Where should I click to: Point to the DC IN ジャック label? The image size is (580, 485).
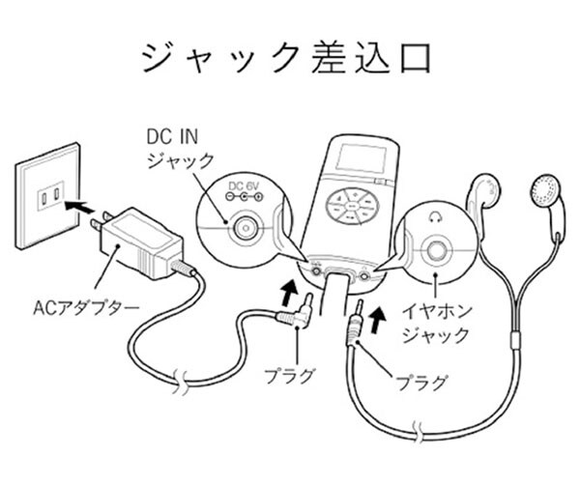[x=180, y=147]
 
